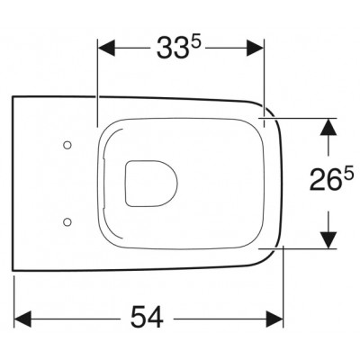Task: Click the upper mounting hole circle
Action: coord(67,145)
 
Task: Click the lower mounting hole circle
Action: coord(67,221)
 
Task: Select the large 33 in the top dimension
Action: coord(172,48)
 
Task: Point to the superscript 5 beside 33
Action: coord(195,42)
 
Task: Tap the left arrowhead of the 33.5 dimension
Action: coord(106,48)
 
